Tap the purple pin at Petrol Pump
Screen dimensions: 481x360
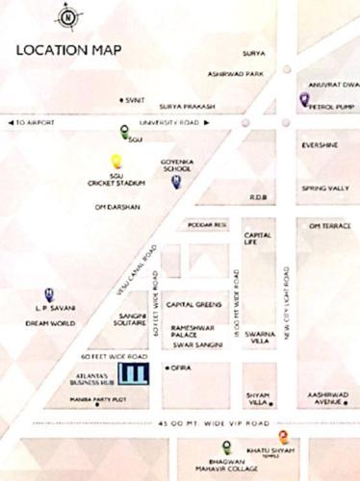pos(303,99)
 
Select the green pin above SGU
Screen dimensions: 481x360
pos(123,132)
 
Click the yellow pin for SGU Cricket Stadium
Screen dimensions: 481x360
pos(116,161)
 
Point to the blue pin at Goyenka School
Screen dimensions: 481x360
pos(175,181)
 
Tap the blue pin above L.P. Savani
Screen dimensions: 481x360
pos(48,294)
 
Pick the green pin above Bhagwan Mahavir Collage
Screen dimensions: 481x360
pos(226,445)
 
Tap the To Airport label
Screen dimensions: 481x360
pos(38,123)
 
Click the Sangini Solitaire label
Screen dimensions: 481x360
pos(132,319)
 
